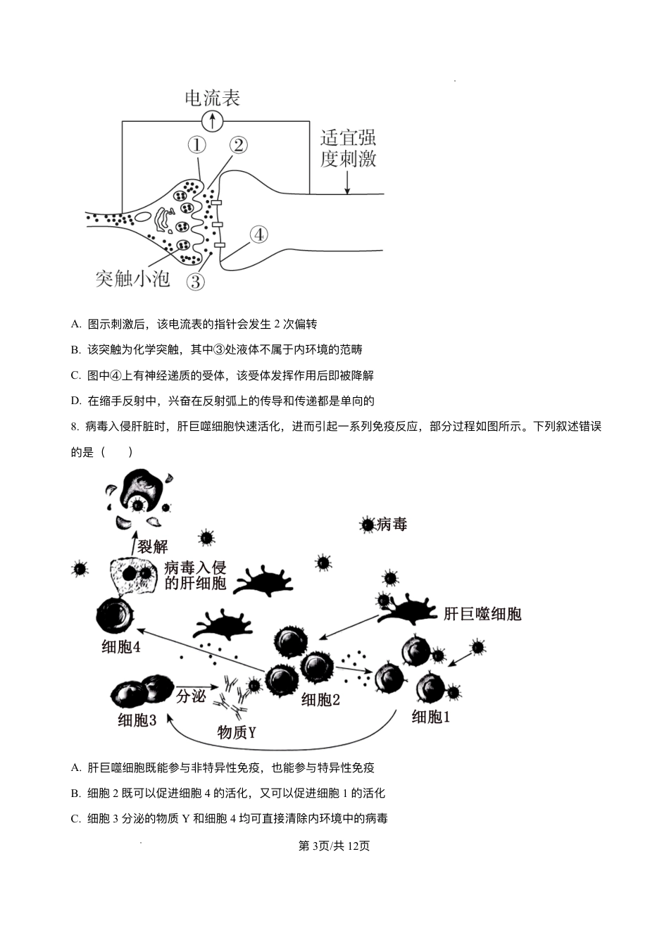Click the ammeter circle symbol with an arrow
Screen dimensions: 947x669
pyautogui.click(x=213, y=121)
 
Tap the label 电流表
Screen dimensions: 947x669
pyautogui.click(x=213, y=98)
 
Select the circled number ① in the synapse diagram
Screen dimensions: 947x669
pyautogui.click(x=196, y=145)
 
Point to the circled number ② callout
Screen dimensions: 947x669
pyautogui.click(x=238, y=145)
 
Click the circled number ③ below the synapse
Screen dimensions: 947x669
pyautogui.click(x=196, y=282)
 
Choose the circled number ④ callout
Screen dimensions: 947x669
pyautogui.click(x=258, y=234)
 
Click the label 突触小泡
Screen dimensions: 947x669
pyautogui.click(x=133, y=279)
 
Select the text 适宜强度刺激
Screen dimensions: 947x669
pyautogui.click(x=348, y=148)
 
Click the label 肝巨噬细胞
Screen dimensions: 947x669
pyautogui.click(x=482, y=614)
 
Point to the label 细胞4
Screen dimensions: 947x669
pyautogui.click(x=120, y=646)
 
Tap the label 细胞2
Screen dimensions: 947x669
pyautogui.click(x=320, y=699)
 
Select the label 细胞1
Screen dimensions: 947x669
pyautogui.click(x=430, y=717)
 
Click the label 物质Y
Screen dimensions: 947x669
pyautogui.click(x=236, y=732)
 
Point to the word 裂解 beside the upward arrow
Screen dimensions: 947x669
pyautogui.click(x=153, y=546)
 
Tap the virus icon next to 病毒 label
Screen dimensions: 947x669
pyautogui.click(x=367, y=525)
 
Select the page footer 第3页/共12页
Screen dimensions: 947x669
pyautogui.click(x=334, y=846)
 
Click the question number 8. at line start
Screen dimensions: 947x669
pyautogui.click(x=75, y=427)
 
